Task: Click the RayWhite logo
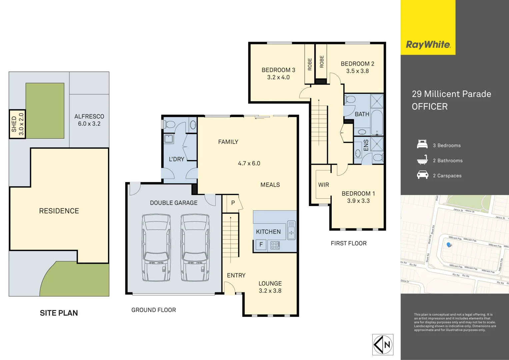[428, 45]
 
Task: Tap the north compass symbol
[383, 345]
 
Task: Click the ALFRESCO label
[89, 116]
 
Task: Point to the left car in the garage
[156, 248]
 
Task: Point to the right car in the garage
[195, 248]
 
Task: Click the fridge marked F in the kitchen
[261, 245]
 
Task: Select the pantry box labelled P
[233, 203]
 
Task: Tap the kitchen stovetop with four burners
[275, 245]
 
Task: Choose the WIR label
[323, 185]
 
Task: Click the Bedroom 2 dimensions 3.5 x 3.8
[357, 71]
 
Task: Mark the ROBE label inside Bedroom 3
[310, 64]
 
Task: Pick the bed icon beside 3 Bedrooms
[422, 145]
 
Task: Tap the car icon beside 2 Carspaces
[422, 175]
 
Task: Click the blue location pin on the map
[449, 245]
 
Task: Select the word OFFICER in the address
[430, 107]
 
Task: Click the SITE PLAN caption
[59, 313]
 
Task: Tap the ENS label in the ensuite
[366, 145]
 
